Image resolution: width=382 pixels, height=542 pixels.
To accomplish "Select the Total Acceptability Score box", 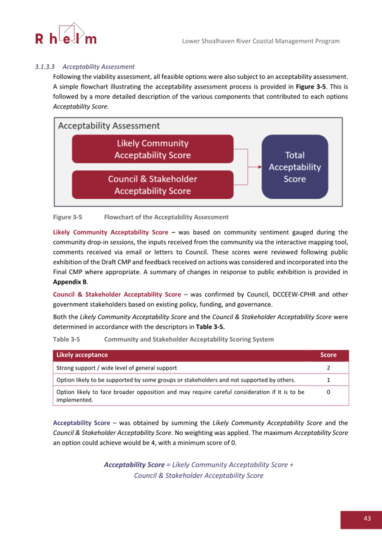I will [295, 167].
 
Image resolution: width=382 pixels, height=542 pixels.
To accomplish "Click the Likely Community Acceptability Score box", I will [153, 149].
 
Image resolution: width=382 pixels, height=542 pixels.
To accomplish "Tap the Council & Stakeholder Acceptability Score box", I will [153, 185].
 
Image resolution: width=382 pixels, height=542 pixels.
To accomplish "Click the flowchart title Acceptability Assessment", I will [109, 126].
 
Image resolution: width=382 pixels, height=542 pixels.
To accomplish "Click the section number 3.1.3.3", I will [44, 67].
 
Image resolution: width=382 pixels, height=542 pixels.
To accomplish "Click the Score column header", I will [328, 355].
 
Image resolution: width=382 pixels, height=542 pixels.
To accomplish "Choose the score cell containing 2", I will [328, 368].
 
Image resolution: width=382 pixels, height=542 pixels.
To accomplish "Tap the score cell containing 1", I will [328, 380].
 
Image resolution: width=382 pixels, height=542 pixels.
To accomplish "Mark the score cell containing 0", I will [328, 392].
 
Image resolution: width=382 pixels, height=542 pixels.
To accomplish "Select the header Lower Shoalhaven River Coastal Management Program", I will [260, 41].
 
